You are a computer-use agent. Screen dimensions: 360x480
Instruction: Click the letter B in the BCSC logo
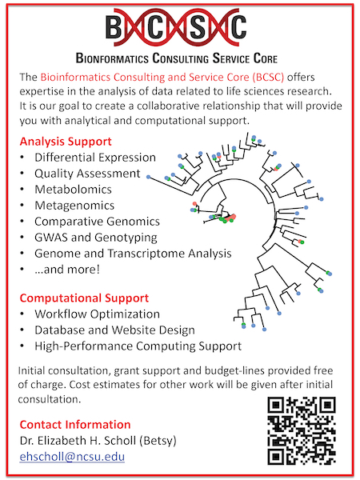tap(114, 27)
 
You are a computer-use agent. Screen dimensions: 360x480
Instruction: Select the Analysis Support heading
tap(66, 142)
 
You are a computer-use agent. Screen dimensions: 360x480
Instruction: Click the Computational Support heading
tap(84, 298)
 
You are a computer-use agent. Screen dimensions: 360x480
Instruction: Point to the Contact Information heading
tap(75, 425)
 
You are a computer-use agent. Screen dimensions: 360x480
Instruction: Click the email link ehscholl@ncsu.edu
tap(72, 457)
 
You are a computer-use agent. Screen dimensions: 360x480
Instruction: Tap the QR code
tap(302, 430)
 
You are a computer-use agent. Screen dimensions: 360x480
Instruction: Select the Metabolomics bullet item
tap(73, 190)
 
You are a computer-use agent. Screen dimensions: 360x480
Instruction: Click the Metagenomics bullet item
tap(74, 206)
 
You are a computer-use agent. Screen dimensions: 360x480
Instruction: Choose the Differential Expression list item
tap(95, 158)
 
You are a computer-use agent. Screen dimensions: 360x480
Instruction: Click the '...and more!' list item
tap(67, 270)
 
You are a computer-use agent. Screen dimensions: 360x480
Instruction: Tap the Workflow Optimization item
tap(97, 314)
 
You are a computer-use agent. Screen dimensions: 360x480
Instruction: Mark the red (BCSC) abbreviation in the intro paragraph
tap(269, 77)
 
